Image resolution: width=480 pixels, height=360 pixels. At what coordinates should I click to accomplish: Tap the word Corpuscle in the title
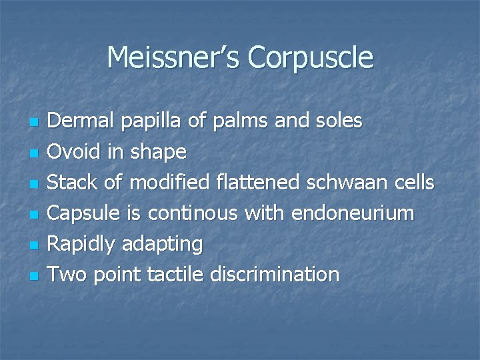[311, 58]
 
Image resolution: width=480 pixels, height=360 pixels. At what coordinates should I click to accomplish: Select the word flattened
[251, 182]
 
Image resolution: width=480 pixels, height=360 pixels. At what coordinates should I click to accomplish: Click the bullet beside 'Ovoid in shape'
[35, 153]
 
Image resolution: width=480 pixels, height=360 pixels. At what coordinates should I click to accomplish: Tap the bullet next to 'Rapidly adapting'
[35, 245]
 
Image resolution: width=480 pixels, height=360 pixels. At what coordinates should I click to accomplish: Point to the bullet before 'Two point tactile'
[35, 275]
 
